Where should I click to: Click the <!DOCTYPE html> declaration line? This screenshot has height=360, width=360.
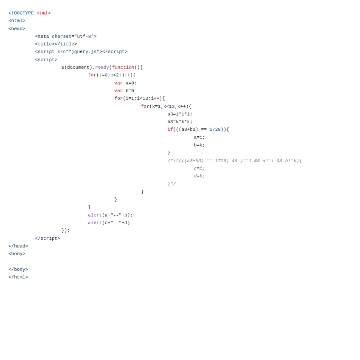coord(29,13)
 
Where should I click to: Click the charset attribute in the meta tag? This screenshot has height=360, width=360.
coord(61,37)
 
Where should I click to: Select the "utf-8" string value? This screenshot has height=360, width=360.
coord(84,37)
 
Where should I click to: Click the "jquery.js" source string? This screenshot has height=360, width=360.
coord(84,52)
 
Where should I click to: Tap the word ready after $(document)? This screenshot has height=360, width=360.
coord(102,67)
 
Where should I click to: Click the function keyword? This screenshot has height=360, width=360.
coord(123,67)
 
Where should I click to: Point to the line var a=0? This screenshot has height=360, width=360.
coord(125,83)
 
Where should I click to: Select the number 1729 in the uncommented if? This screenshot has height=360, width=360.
coord(215,129)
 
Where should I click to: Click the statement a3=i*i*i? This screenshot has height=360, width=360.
coord(180,114)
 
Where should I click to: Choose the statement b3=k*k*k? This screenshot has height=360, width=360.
coord(180,122)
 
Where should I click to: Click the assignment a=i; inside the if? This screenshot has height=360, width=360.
coord(199,138)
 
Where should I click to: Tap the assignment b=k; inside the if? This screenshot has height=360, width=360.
coord(199,145)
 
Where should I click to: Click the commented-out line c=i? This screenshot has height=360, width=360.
coord(199,169)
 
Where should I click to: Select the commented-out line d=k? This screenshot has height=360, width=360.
coord(199,176)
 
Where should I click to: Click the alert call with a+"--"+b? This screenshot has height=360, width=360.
coord(110,215)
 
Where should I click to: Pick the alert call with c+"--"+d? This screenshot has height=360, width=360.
coord(109,223)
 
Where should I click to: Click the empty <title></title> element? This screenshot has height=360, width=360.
coord(56,44)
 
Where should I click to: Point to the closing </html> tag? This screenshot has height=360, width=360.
coord(18,277)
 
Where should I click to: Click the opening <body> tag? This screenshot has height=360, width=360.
coord(17,254)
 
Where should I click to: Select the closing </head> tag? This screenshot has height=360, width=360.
coord(18,246)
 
